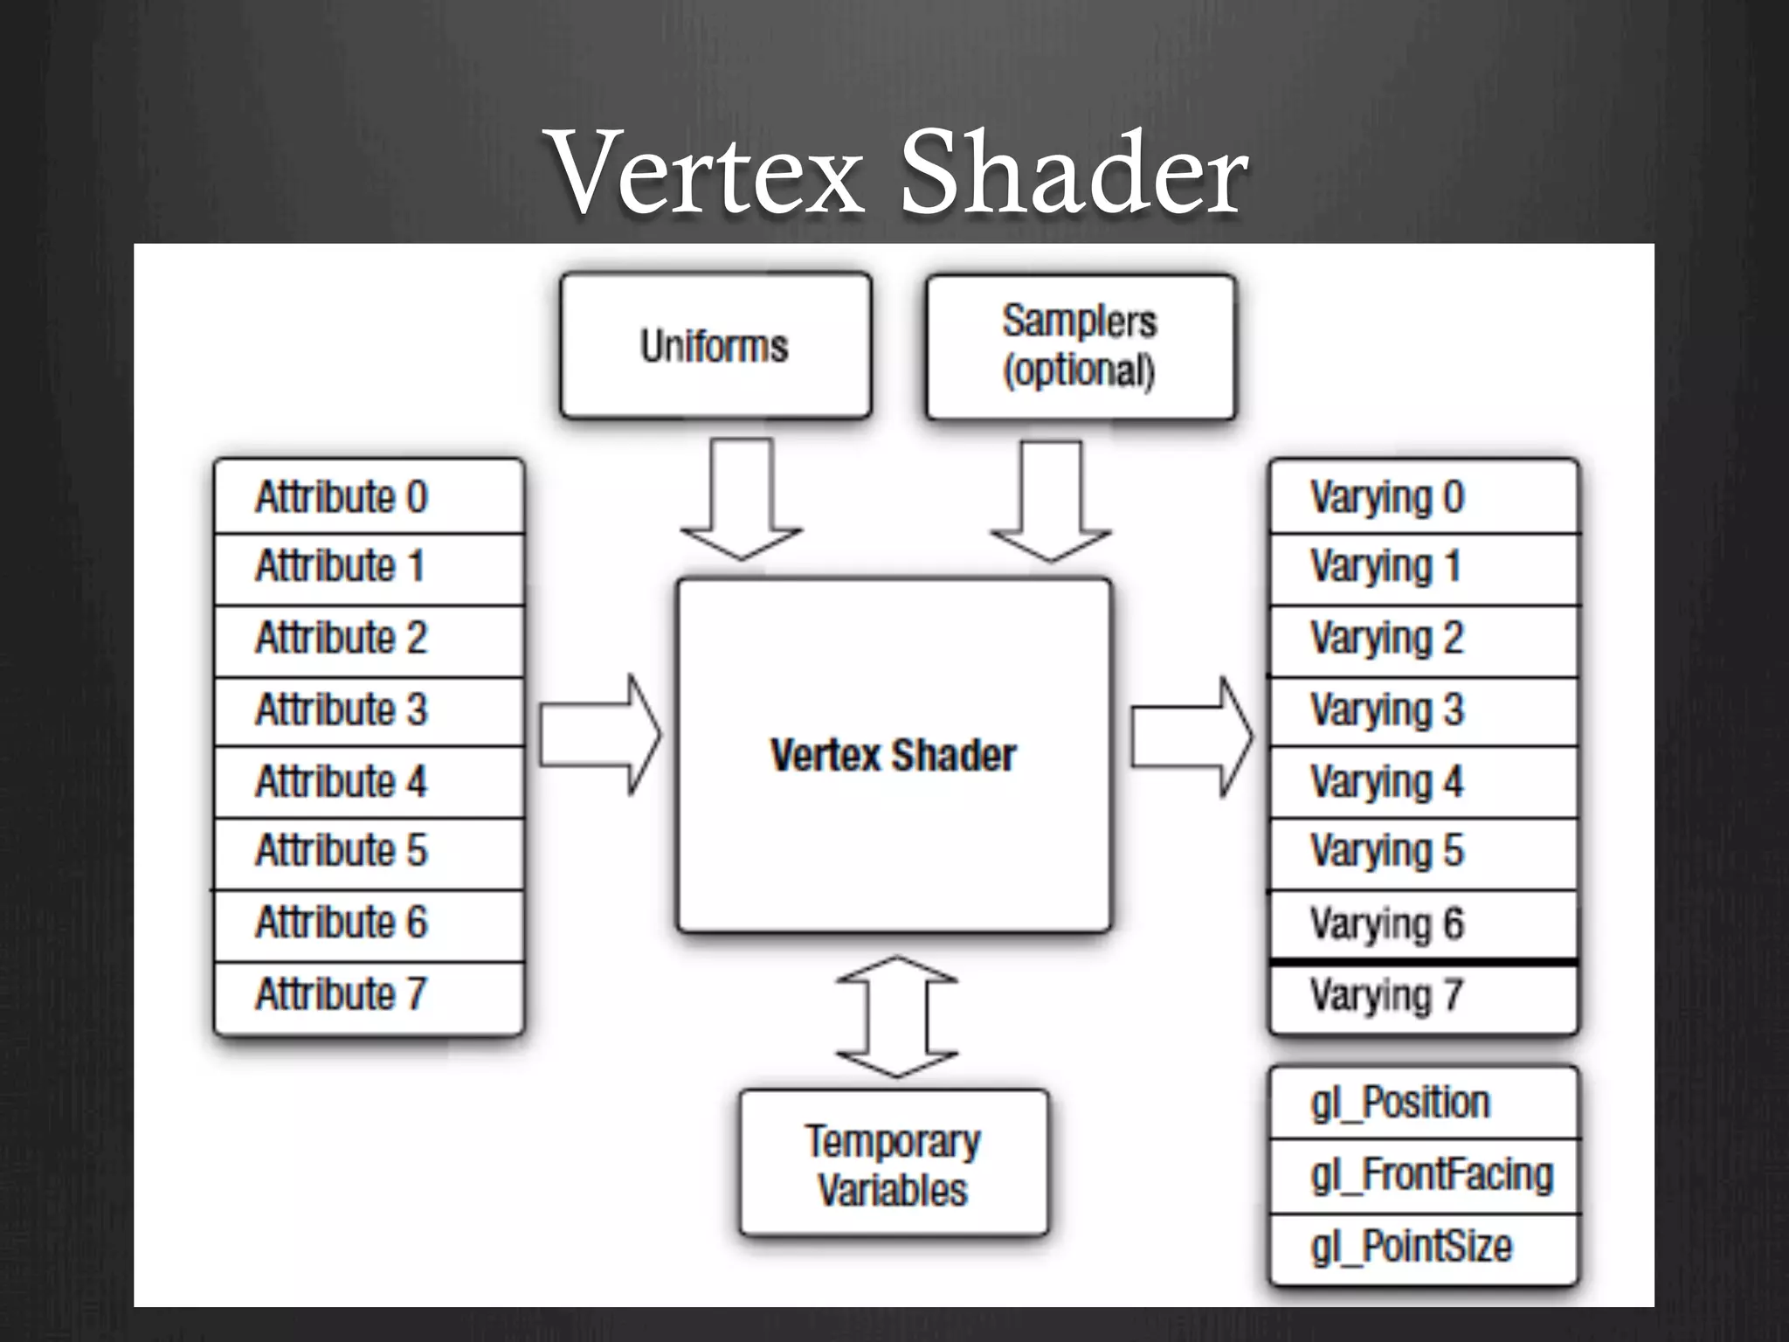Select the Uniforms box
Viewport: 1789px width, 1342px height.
point(715,346)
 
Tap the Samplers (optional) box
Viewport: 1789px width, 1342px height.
point(1081,347)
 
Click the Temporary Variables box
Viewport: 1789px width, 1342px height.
point(893,1164)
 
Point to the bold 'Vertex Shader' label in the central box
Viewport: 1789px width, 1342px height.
point(893,756)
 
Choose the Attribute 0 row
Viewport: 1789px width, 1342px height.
point(369,497)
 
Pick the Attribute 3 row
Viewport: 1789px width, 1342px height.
point(369,710)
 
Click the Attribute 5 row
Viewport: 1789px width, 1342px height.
point(369,852)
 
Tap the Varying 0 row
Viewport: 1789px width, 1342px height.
point(1423,497)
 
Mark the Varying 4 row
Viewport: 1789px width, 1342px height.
point(1423,782)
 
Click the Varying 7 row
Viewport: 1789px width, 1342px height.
point(1423,997)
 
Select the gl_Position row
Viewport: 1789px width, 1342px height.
point(1423,1103)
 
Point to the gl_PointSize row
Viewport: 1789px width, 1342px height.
point(1423,1248)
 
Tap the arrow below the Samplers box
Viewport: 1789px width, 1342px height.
point(1051,502)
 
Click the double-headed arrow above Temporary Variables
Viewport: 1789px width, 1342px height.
point(896,1017)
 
